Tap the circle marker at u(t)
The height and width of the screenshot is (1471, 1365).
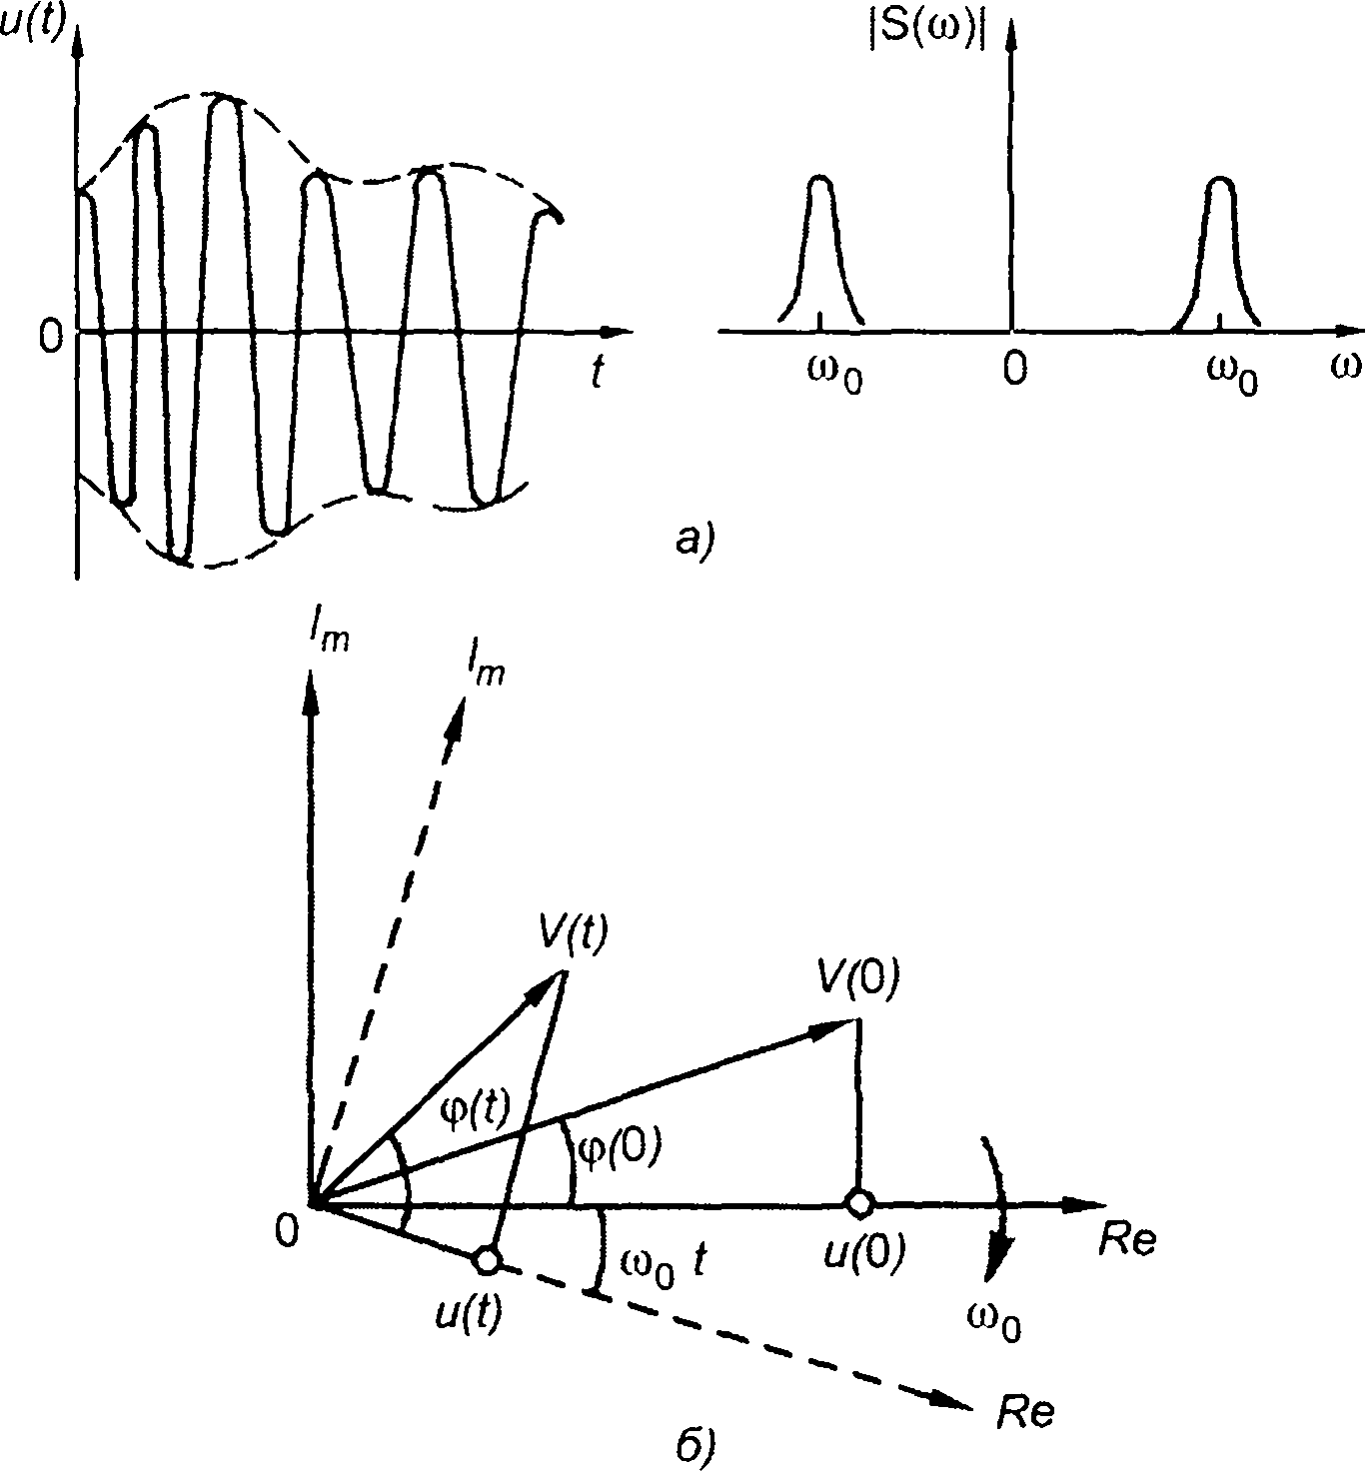click(487, 1260)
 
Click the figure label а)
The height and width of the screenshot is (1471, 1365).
click(692, 540)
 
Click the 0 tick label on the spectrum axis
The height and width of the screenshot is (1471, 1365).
click(1014, 371)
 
